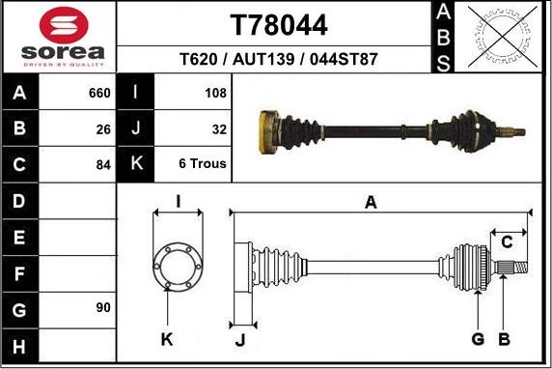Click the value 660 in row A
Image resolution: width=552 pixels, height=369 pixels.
coord(99,94)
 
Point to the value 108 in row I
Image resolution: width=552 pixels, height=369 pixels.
coord(216,94)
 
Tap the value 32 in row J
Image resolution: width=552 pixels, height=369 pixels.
coord(219,128)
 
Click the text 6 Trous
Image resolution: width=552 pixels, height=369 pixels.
coord(203,164)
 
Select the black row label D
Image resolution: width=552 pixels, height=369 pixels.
coord(21,201)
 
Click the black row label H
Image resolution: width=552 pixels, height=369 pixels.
coord(21,345)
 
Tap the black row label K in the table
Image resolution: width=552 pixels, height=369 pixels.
coord(136,164)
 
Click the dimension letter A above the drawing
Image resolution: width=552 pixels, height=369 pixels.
coord(370,202)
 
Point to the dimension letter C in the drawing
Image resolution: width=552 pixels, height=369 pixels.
coord(507,241)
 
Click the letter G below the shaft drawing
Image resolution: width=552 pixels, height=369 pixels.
coord(478,338)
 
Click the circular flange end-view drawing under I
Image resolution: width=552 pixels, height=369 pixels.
coord(178,262)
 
